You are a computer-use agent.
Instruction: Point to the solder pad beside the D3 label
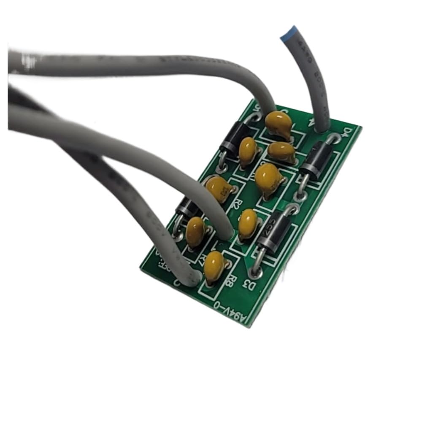[x=256, y=272]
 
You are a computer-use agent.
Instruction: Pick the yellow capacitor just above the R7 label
[x=195, y=231]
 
